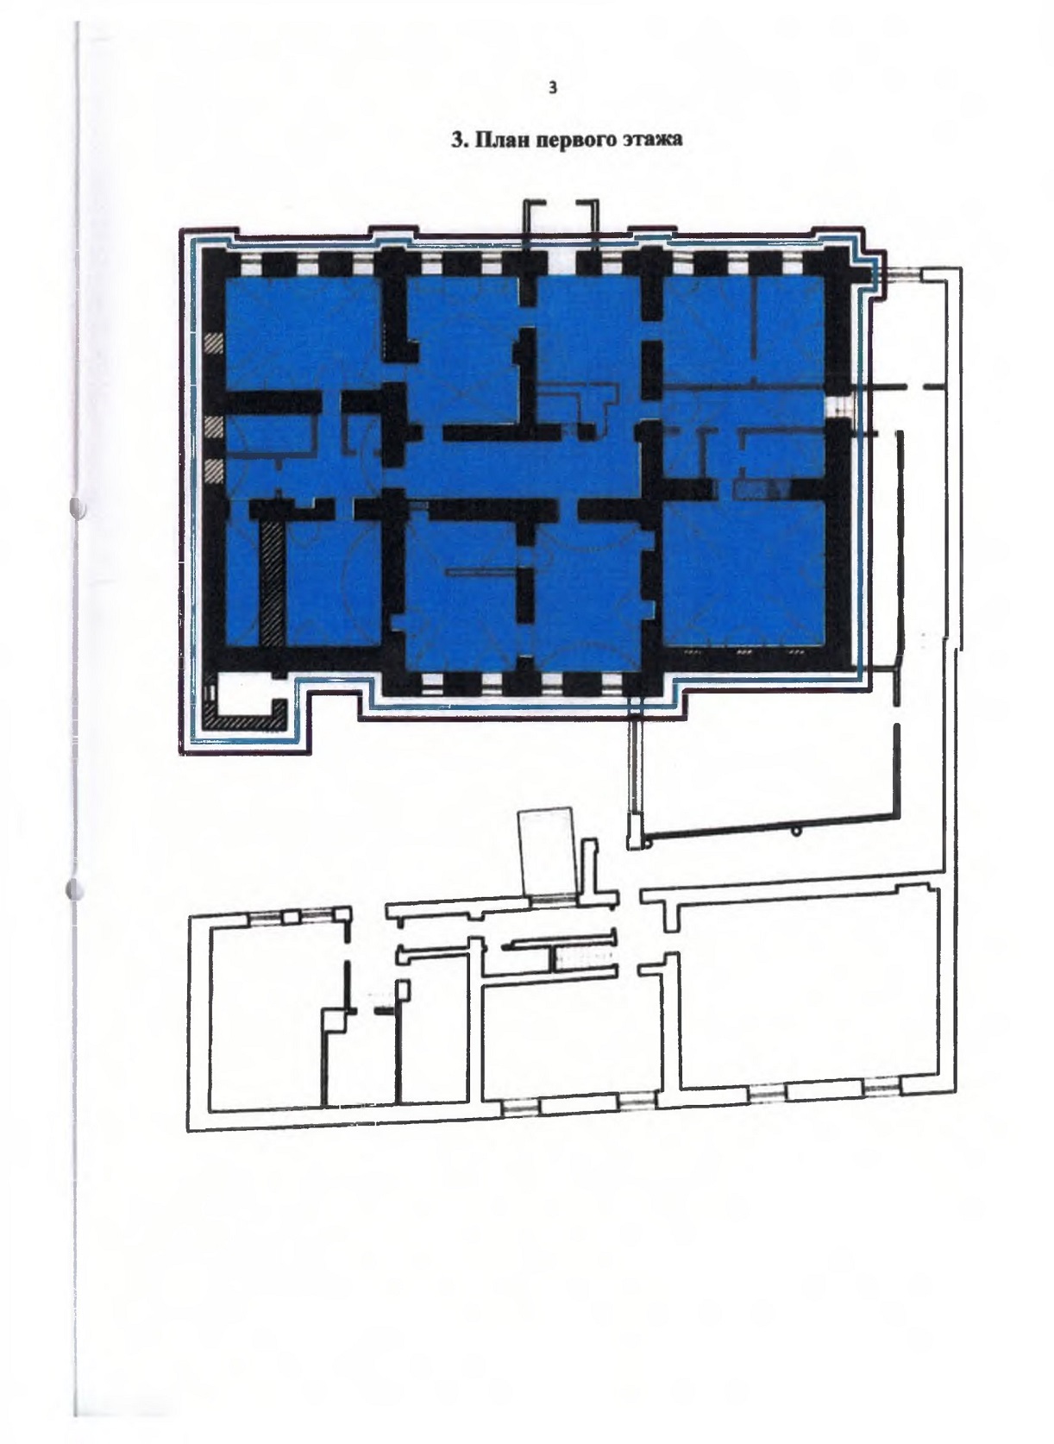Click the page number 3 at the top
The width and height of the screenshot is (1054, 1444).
click(553, 88)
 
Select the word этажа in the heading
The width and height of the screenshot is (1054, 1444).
click(651, 140)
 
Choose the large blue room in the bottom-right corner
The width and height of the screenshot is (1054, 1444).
click(744, 573)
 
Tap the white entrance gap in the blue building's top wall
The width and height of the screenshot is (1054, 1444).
click(562, 262)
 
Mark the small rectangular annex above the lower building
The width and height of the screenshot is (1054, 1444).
click(545, 852)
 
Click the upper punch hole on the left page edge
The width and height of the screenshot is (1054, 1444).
click(78, 506)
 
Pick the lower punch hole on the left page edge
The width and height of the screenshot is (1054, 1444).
click(75, 889)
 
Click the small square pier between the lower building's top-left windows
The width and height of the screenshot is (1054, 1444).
click(292, 918)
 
